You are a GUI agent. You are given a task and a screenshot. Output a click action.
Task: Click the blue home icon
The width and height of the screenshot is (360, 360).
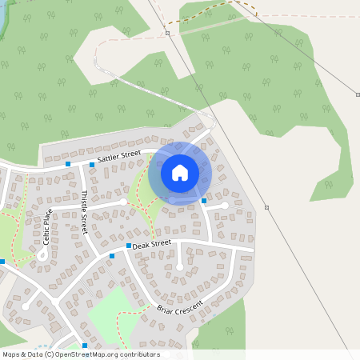coord(180,172)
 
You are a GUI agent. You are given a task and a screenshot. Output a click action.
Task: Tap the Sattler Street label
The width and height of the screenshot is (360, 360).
coord(118,157)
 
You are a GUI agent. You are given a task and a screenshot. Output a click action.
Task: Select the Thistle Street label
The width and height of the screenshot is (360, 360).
coord(83,210)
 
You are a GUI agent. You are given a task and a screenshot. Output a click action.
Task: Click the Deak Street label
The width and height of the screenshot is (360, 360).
coord(153,243)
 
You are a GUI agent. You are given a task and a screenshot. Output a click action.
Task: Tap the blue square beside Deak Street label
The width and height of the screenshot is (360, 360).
coord(128,246)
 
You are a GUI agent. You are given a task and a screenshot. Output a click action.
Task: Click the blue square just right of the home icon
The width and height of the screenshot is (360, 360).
coord(204,201)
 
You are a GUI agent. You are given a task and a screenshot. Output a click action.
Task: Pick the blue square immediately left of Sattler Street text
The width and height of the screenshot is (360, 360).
coord(91,165)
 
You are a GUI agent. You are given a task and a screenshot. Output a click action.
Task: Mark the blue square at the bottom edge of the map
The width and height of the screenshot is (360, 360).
coord(84,345)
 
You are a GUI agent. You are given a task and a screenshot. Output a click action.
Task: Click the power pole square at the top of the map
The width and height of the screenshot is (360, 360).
coord(168,34)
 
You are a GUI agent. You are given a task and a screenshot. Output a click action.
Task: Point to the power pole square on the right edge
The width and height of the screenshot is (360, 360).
coord(358,94)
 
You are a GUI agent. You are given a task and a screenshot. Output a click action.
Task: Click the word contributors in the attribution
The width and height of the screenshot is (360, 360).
coord(139,354)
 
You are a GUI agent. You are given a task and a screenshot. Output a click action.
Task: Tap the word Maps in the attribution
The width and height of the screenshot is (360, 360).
coord(11,354)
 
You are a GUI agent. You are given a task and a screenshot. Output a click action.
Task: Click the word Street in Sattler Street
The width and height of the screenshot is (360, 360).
coord(130,154)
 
